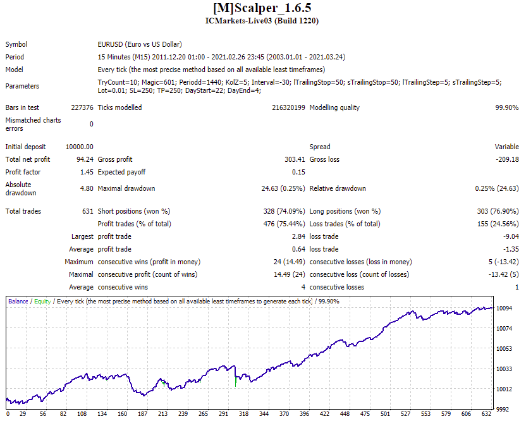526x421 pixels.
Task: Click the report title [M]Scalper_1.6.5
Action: (262, 8)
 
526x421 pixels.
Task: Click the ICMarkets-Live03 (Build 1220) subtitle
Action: (262, 21)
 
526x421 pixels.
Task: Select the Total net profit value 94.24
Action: (85, 159)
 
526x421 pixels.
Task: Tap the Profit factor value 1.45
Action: (87, 172)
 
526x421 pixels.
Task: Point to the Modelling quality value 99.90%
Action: (507, 107)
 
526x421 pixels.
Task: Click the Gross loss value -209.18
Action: (507, 159)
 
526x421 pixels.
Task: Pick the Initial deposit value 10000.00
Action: (80, 147)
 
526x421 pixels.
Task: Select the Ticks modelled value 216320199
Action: (288, 107)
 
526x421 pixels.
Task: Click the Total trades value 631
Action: (88, 211)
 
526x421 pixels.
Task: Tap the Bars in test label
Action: (22, 107)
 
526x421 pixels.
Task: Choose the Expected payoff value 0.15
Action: (298, 172)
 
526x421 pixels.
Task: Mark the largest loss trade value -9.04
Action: (511, 236)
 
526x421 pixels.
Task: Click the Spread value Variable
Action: (506, 147)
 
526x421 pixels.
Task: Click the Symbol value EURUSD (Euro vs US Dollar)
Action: (140, 44)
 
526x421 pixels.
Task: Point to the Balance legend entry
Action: (18, 302)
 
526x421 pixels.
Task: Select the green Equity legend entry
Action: (42, 302)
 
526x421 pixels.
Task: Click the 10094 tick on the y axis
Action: (505, 308)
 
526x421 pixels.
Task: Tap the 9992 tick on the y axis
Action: (503, 409)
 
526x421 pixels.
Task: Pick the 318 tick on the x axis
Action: (243, 414)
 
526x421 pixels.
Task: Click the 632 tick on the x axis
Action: (486, 414)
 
